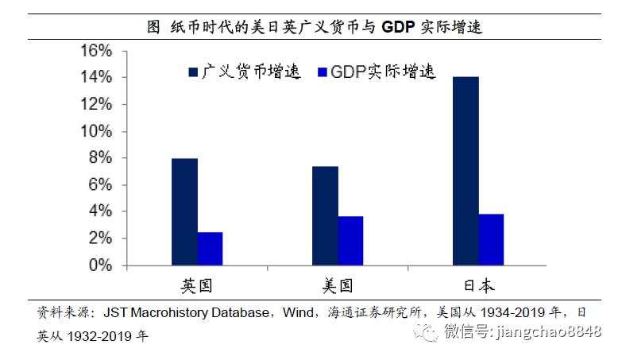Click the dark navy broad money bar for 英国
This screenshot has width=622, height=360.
[x=184, y=211]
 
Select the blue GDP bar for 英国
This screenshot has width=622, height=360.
[x=210, y=248]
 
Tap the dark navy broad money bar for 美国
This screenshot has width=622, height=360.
[x=325, y=215]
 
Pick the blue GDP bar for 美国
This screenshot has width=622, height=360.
[x=350, y=240]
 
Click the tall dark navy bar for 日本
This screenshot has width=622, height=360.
[x=466, y=170]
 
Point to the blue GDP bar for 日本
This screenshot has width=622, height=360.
[x=491, y=239]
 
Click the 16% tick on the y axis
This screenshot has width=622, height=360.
[x=95, y=51]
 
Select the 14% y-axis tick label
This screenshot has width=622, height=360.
[x=95, y=78]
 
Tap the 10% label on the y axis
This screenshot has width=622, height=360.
[x=95, y=131]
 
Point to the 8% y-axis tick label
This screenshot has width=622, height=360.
[x=99, y=158]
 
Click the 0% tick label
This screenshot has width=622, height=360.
[x=99, y=265]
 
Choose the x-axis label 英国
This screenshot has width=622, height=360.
[x=197, y=285]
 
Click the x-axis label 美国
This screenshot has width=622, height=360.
[x=338, y=285]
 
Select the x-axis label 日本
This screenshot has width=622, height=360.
[x=477, y=285]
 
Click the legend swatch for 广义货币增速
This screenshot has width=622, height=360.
[x=193, y=72]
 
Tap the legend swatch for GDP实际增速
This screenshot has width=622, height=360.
[x=323, y=72]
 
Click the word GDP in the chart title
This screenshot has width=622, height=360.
[x=399, y=27]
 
